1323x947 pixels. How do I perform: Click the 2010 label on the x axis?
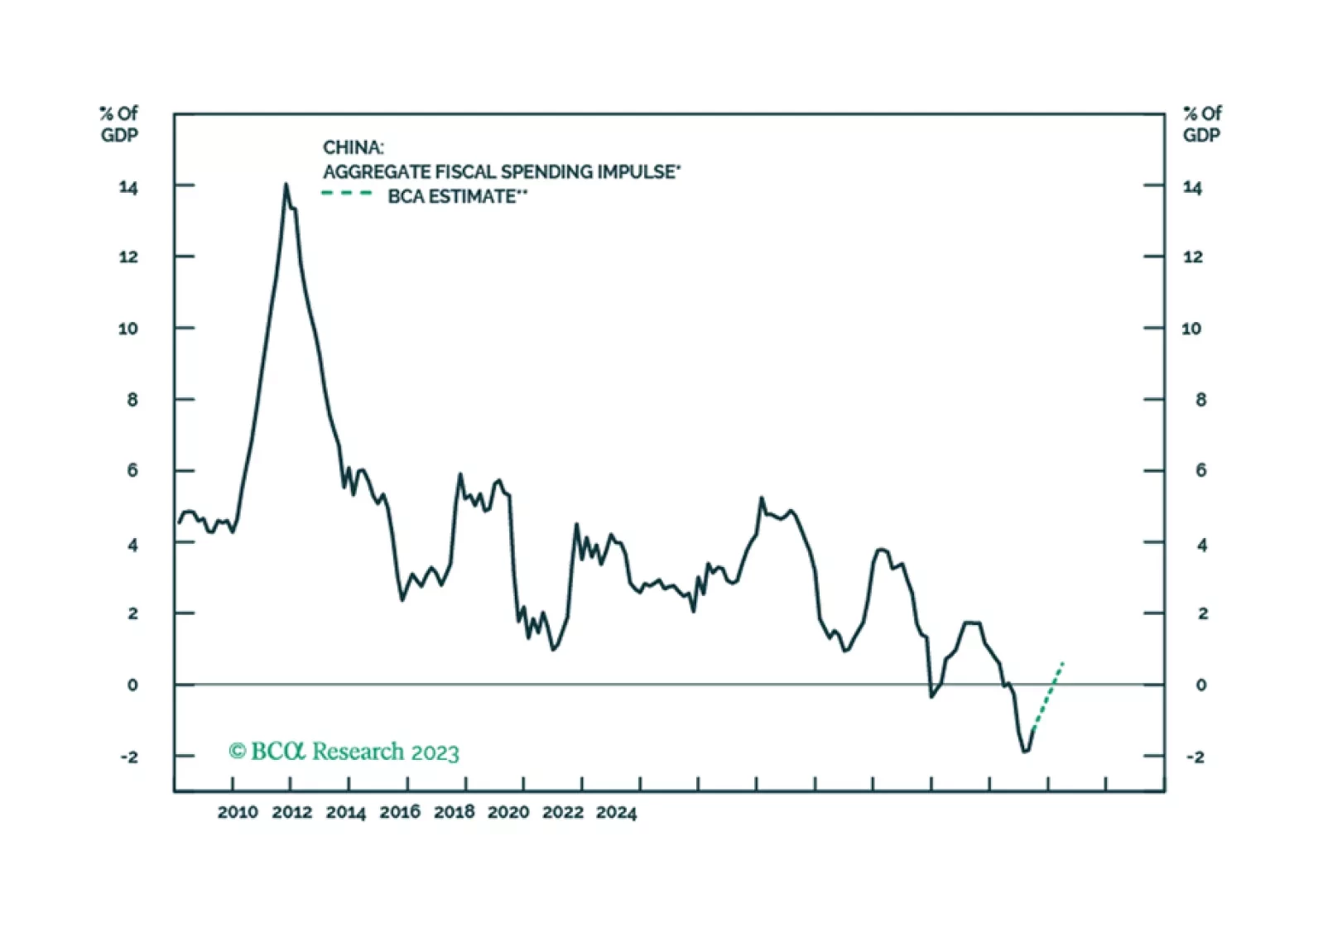point(238,812)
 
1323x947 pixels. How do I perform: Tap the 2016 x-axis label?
point(400,812)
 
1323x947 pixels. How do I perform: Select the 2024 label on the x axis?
point(617,812)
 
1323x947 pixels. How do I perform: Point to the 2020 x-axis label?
point(508,812)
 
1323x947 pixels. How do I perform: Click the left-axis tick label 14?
point(128,187)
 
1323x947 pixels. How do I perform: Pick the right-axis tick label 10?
point(1191,329)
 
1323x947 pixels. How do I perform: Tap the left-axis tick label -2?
point(129,757)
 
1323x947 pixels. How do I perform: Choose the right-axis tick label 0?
point(1201,685)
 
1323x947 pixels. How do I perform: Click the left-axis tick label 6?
point(132,470)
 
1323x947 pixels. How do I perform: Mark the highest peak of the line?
point(286,185)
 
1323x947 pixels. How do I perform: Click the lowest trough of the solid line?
point(1025,751)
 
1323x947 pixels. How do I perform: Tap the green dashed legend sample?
point(348,194)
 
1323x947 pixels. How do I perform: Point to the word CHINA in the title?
point(353,147)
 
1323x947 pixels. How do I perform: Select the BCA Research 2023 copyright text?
point(344,751)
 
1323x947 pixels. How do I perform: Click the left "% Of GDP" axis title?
point(119,124)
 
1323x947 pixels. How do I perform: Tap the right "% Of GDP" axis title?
point(1201,124)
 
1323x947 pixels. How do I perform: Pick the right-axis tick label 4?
point(1202,545)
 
